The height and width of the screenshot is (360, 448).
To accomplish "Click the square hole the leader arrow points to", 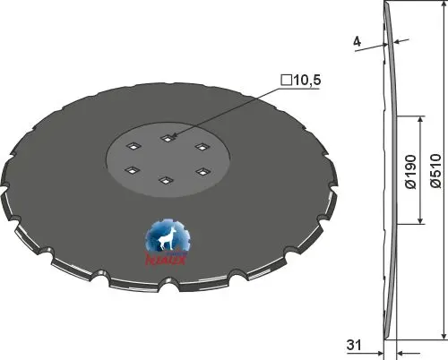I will point(167,137).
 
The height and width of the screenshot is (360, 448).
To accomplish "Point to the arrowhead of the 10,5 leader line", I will point(172,135).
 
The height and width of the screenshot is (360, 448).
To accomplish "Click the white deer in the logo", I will point(166,239).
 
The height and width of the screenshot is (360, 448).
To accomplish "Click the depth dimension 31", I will point(354,344).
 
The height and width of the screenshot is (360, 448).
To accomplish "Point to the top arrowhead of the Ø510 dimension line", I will point(443,7).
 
